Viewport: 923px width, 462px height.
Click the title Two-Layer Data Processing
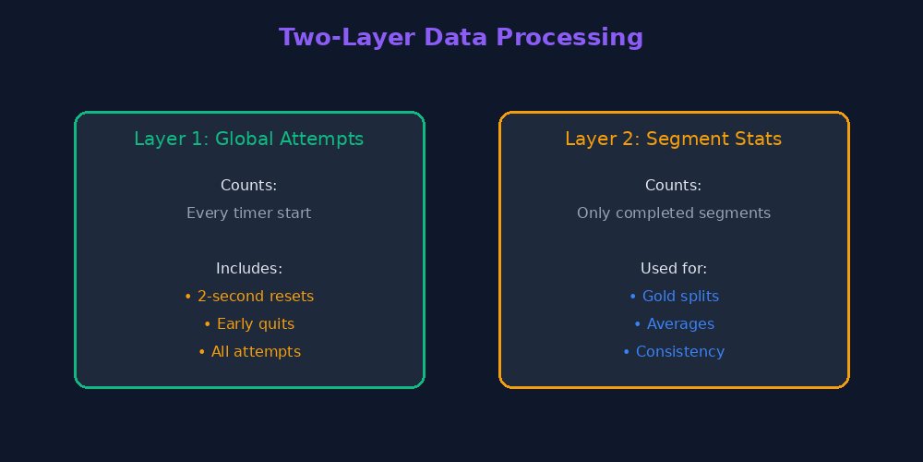461,37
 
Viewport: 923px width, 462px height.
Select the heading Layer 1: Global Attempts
249,139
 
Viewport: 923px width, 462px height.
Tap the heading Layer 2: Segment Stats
674,139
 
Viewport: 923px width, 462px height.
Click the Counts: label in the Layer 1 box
249,185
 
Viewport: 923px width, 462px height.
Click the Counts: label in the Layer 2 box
674,185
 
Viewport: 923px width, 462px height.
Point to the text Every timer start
249,213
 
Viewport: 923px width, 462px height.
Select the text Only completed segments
674,213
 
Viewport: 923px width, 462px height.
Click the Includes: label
249,268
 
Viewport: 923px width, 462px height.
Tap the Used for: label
674,268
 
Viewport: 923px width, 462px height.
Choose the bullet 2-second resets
249,296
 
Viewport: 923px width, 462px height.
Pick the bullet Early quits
249,323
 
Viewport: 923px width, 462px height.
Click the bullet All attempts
249,351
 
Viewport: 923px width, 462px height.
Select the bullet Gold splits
674,296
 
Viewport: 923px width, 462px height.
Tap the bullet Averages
674,323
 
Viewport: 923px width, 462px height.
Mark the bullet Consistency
674,351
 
